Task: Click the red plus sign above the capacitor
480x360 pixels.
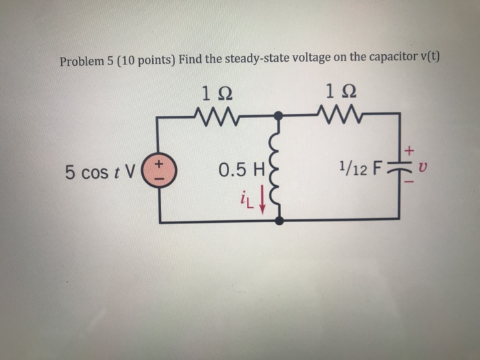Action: tap(411, 148)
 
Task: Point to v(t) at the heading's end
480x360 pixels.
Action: tap(428, 57)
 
